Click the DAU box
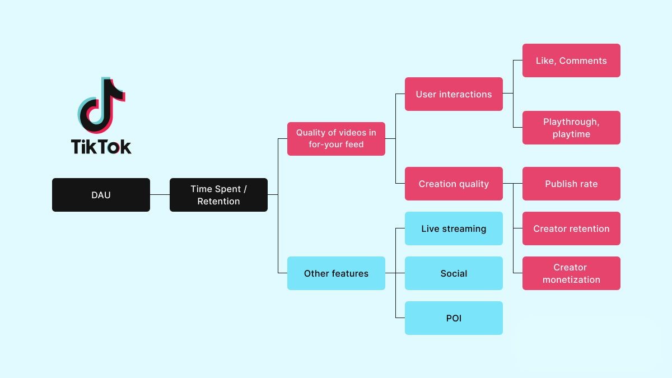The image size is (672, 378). (x=101, y=195)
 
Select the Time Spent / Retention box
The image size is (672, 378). (x=218, y=195)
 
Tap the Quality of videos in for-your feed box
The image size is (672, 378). (x=336, y=138)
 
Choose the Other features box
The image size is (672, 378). (x=336, y=273)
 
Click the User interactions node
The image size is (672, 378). (x=454, y=94)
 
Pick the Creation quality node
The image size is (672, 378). (x=454, y=184)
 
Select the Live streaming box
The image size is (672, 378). (x=454, y=228)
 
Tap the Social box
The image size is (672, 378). (x=454, y=273)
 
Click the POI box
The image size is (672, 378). (x=454, y=318)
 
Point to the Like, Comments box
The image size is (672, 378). (x=571, y=60)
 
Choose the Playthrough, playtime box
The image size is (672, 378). (x=571, y=128)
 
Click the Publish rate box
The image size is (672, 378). (x=571, y=184)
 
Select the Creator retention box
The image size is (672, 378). (x=571, y=228)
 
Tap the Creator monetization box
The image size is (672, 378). (x=571, y=273)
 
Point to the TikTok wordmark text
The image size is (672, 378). (x=101, y=147)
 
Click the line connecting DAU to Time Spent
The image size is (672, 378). (x=160, y=195)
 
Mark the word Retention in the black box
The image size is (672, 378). (x=218, y=202)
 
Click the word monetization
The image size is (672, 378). (x=571, y=280)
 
